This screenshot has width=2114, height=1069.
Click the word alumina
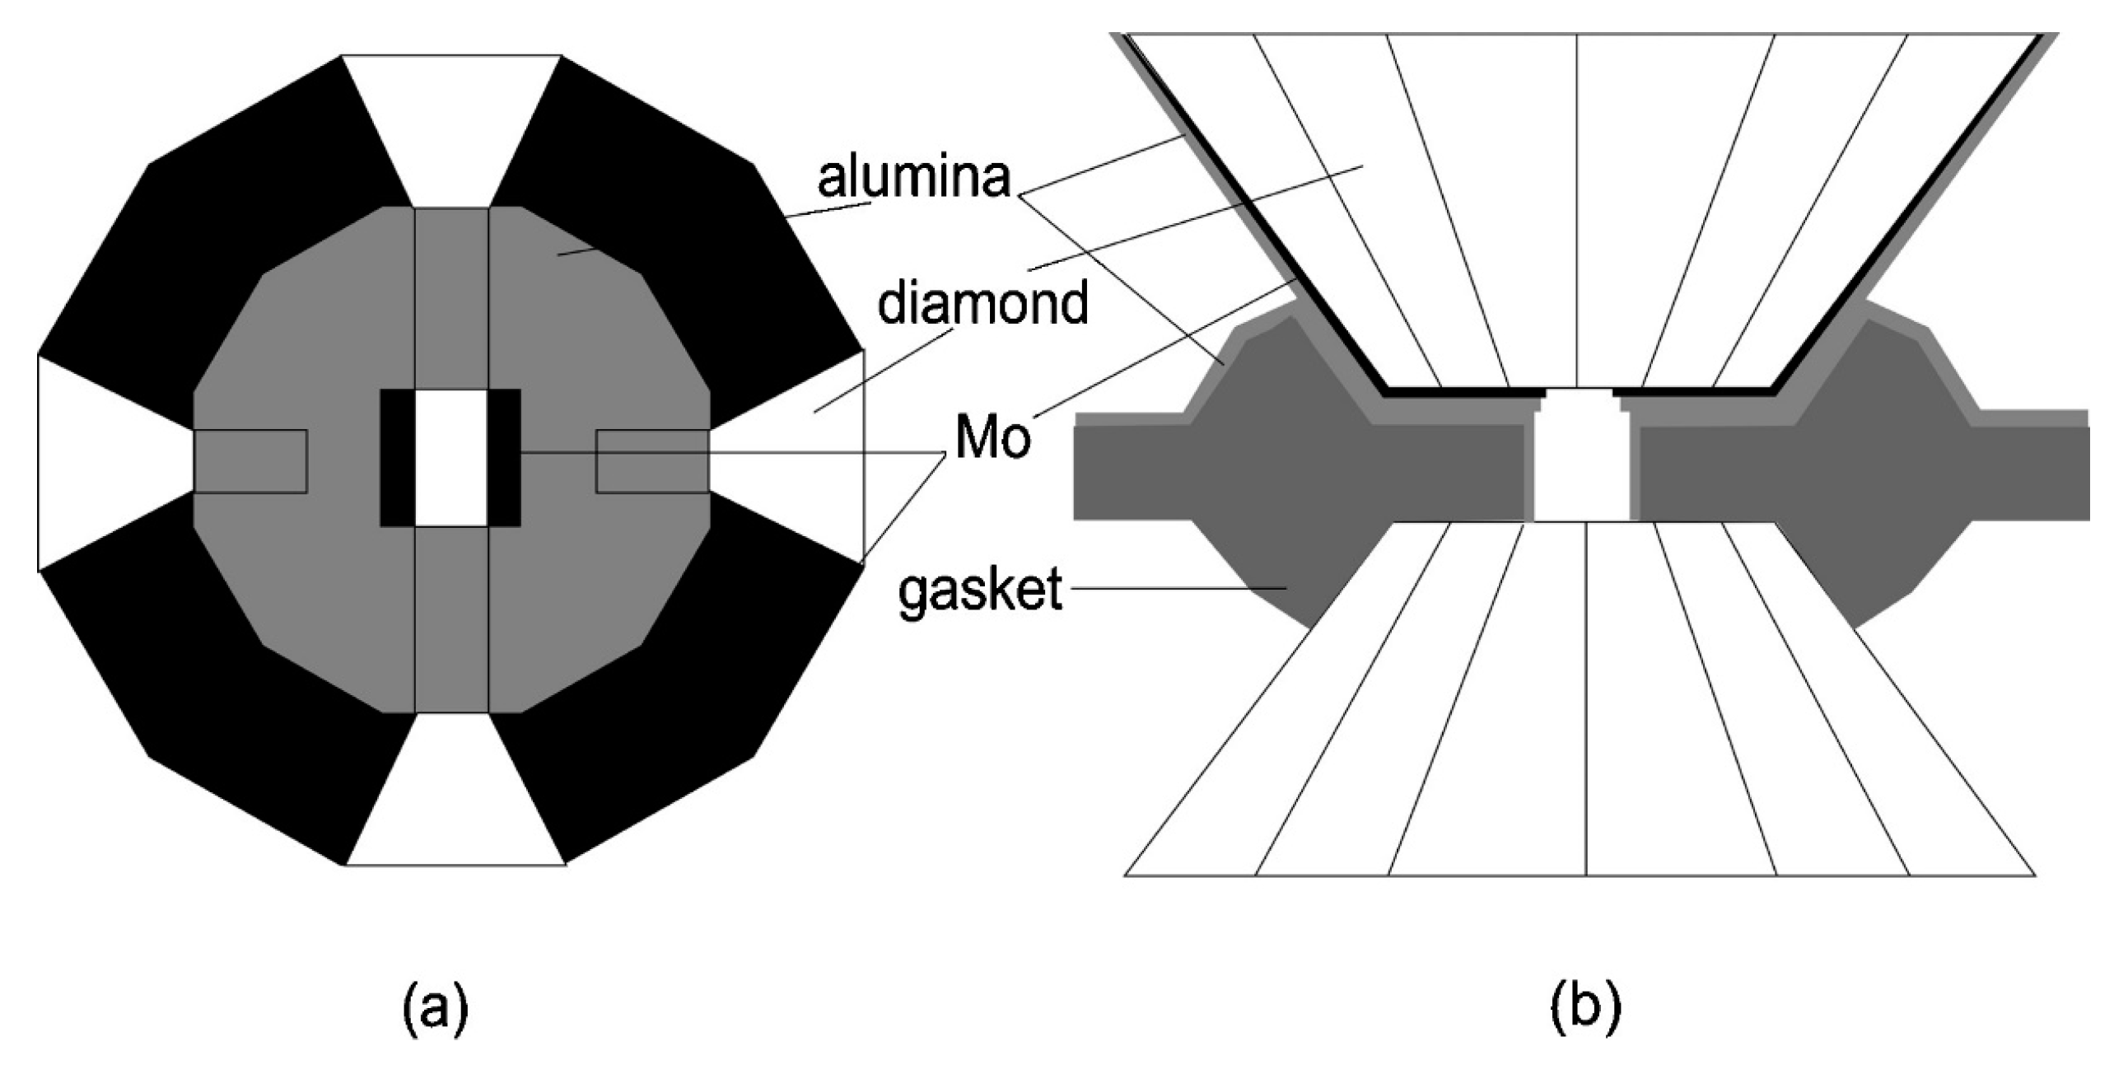(x=913, y=177)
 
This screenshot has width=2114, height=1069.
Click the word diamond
(x=982, y=303)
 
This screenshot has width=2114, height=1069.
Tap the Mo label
(x=992, y=438)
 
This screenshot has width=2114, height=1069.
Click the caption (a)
(x=436, y=1010)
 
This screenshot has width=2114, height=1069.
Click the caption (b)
(x=1585, y=1010)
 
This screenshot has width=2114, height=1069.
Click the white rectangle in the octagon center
(x=450, y=457)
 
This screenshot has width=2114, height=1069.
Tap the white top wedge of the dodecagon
(x=451, y=124)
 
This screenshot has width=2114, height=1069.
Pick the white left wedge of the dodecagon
(x=99, y=461)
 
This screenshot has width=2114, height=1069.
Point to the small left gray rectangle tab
(x=250, y=461)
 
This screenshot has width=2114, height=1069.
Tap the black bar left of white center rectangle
(x=397, y=457)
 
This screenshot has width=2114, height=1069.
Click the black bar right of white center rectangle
(x=504, y=457)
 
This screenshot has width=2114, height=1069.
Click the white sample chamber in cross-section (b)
(x=1582, y=465)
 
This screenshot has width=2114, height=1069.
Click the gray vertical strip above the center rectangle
(x=451, y=296)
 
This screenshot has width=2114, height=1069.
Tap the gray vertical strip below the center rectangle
(x=451, y=618)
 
